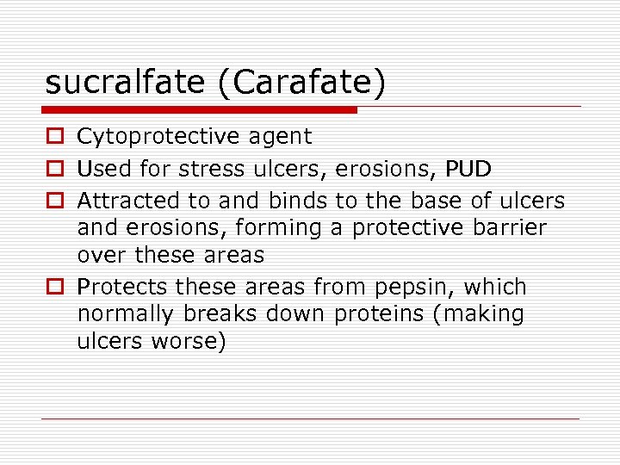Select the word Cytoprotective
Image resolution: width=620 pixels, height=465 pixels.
(x=158, y=136)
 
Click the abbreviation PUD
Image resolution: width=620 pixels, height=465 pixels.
(x=468, y=168)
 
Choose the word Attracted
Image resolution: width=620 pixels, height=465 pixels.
(x=129, y=201)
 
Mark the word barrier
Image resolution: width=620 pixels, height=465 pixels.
(x=507, y=227)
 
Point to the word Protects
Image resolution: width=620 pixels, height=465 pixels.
(x=122, y=287)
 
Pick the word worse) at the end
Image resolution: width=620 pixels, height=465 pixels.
(x=189, y=341)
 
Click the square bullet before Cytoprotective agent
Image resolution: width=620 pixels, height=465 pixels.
(x=54, y=137)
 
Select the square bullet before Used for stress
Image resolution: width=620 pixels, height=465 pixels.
(x=54, y=169)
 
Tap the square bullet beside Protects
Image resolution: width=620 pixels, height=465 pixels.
(x=54, y=287)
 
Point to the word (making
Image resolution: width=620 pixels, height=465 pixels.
(x=479, y=314)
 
